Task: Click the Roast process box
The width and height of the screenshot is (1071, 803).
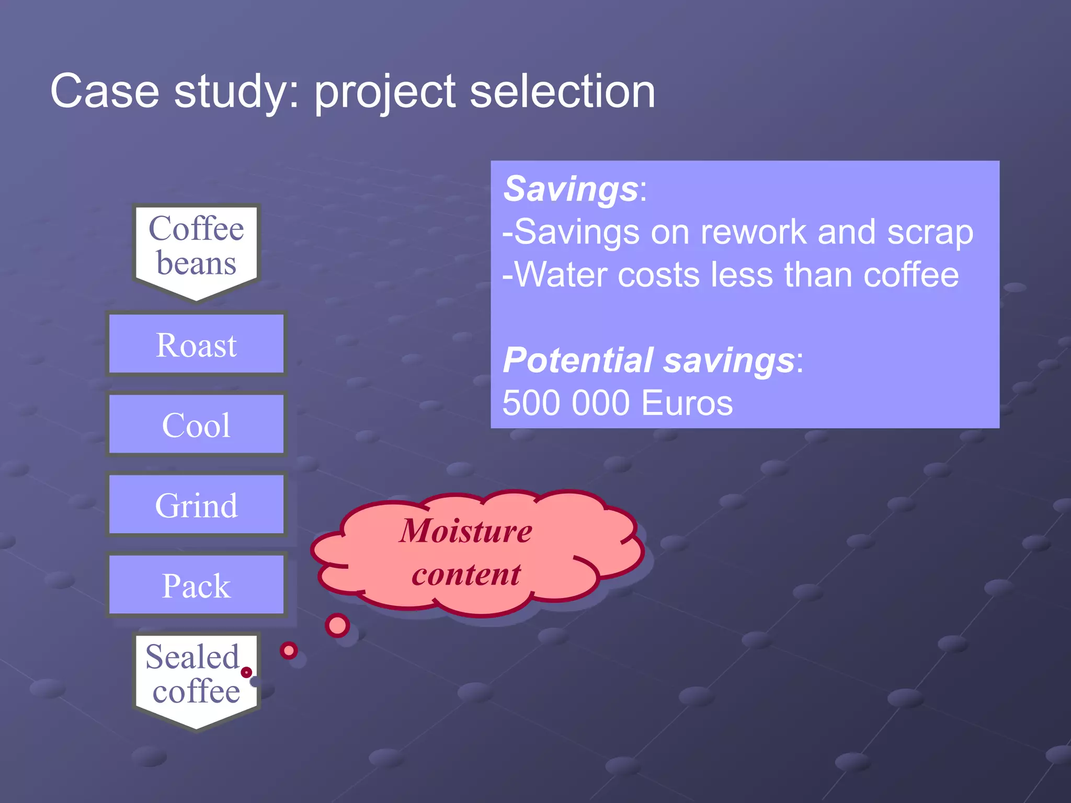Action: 196,344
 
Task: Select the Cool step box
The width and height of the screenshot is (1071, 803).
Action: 196,424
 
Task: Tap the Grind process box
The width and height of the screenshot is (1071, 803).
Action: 196,504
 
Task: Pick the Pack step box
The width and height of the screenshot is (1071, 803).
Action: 196,584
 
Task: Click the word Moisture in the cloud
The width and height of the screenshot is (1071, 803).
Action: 465,531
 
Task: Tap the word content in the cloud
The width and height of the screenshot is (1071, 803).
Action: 465,574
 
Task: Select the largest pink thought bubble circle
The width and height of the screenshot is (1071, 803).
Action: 337,625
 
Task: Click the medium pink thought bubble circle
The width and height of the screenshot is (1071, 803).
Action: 289,650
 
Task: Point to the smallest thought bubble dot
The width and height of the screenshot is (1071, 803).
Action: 246,672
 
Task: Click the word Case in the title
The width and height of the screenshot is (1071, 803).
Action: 105,91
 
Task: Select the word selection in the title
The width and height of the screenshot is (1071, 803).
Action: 562,91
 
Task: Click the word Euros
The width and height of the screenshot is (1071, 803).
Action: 687,403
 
